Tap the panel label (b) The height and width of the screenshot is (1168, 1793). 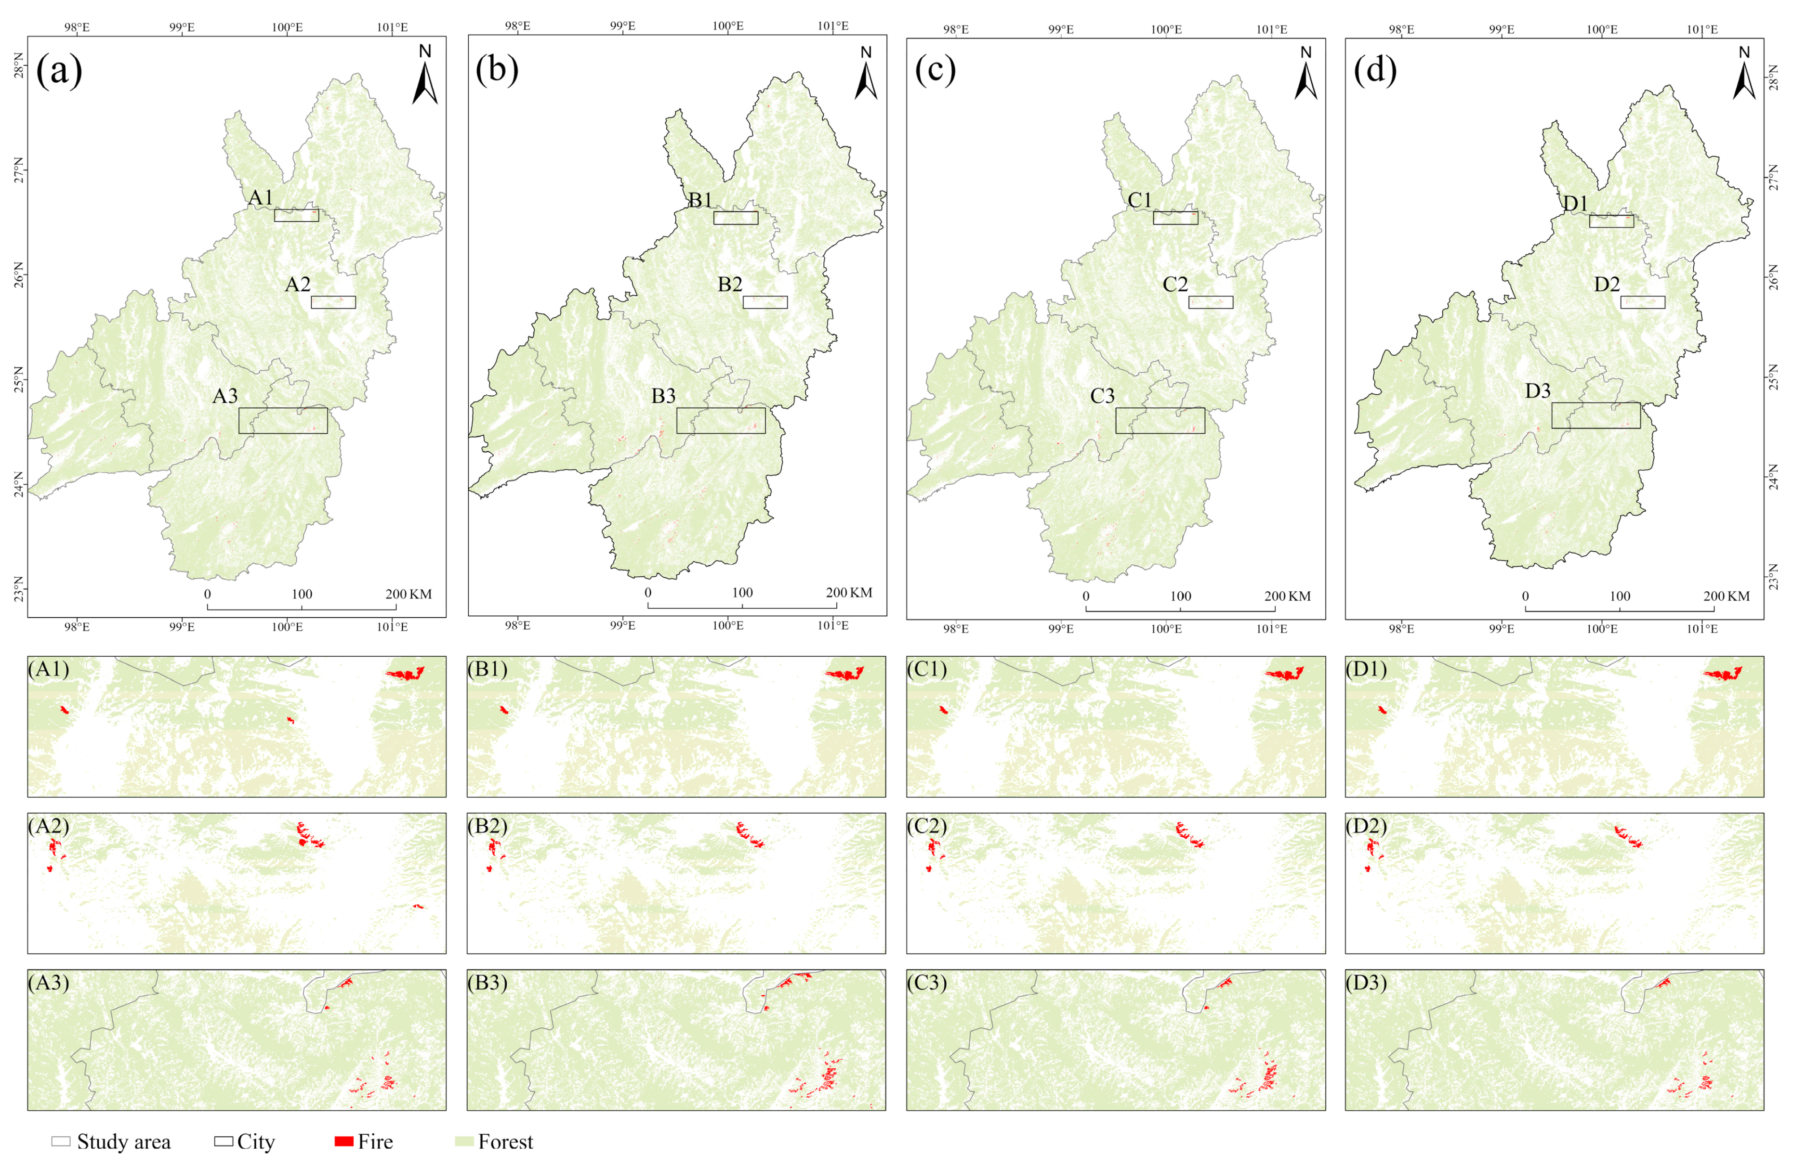497,69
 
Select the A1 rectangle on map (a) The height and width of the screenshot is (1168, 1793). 296,215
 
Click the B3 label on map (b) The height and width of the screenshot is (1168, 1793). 663,396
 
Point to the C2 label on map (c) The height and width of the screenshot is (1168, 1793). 1174,285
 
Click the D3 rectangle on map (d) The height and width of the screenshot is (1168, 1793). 1595,415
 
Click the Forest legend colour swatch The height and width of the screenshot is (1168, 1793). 464,1142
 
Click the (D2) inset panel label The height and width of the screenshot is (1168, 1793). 1366,826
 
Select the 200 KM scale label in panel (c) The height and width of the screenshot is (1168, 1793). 1288,597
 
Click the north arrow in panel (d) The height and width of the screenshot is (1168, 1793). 1744,75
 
